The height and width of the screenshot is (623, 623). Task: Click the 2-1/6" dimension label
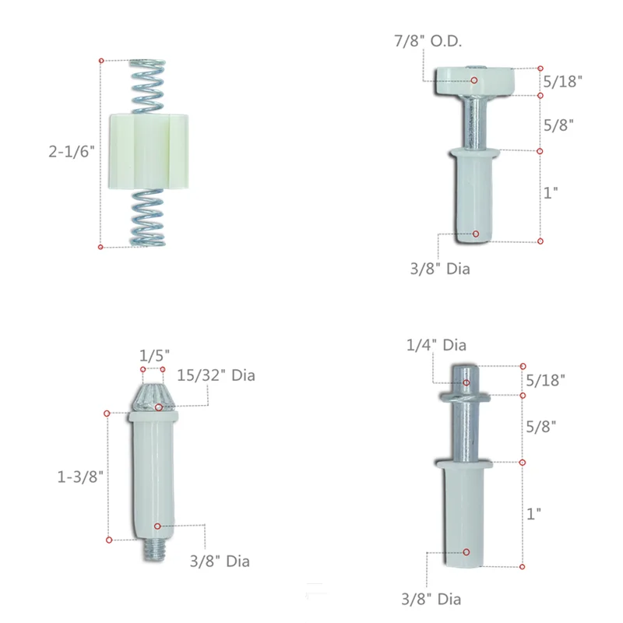click(x=72, y=151)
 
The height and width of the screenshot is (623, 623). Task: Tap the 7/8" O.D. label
click(x=428, y=41)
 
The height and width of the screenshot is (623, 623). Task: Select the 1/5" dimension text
click(x=154, y=355)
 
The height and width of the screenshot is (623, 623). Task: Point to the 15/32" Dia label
click(x=216, y=375)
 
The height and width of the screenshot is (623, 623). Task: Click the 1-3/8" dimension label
click(x=80, y=477)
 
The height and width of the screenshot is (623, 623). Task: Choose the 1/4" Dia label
click(x=436, y=345)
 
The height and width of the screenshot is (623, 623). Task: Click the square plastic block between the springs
click(x=148, y=151)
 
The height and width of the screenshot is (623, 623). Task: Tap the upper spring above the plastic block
click(x=147, y=86)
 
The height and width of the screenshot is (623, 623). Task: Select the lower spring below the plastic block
click(x=147, y=217)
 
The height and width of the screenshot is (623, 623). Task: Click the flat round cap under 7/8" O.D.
click(x=475, y=81)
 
